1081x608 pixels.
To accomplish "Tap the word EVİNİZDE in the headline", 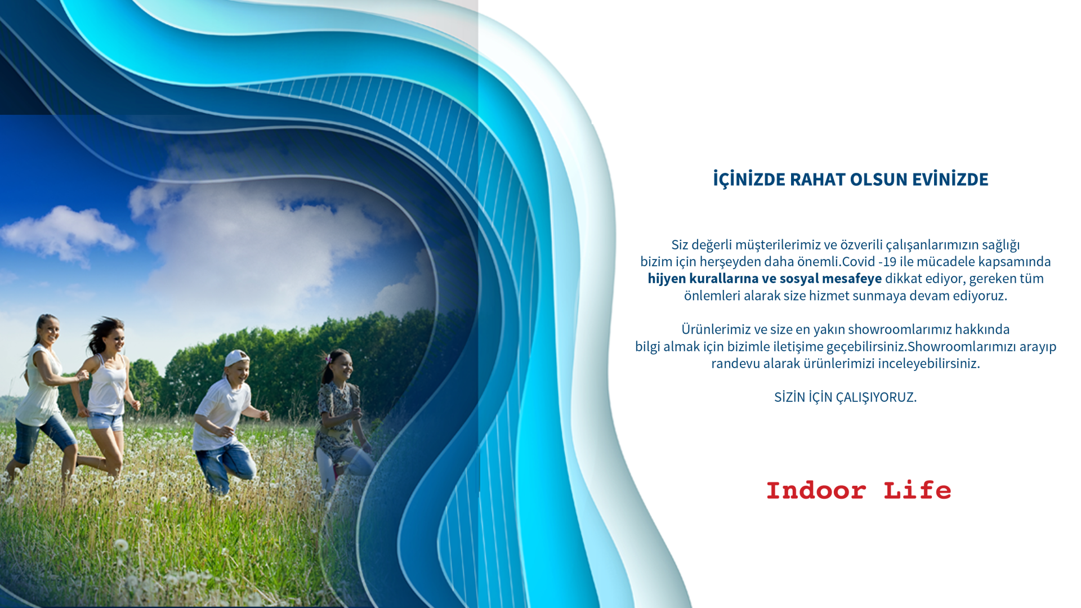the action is (950, 178).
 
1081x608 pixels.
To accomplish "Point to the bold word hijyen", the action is (667, 279).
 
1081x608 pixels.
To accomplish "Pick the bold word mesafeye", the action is (852, 279).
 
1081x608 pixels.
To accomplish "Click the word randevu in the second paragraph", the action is (735, 364).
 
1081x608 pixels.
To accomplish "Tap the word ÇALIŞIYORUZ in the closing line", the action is (876, 397).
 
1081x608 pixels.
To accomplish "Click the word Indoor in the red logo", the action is (816, 491).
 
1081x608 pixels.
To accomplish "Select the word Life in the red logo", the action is (917, 491).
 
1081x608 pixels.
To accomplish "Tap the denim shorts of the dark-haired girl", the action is (105, 421).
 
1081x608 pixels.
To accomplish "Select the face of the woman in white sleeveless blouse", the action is (50, 331).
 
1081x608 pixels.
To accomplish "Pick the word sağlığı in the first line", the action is (1000, 245).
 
